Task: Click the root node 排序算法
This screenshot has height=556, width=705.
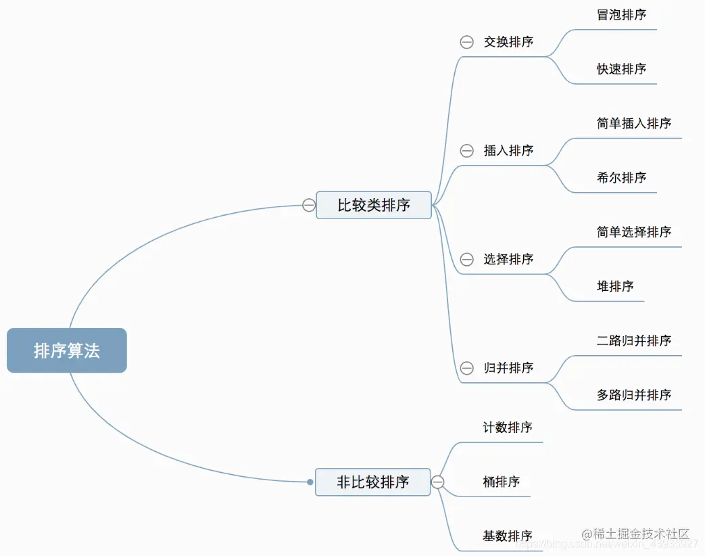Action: click(x=67, y=350)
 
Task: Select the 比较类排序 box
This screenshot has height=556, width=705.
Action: click(x=374, y=205)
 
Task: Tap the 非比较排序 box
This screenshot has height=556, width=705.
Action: click(x=373, y=482)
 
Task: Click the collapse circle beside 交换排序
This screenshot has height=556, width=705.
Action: click(x=466, y=42)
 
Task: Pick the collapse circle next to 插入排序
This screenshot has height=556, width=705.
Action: click(x=466, y=151)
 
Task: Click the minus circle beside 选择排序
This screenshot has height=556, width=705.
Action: click(x=466, y=259)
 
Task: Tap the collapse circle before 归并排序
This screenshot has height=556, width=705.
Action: click(x=466, y=368)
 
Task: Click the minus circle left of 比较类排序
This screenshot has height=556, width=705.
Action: click(x=309, y=205)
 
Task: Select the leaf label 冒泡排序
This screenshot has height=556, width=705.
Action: click(x=621, y=15)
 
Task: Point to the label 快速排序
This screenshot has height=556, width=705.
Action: click(x=621, y=69)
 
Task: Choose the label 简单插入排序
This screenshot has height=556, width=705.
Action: click(x=633, y=123)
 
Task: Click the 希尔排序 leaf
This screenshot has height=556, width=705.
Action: click(x=621, y=178)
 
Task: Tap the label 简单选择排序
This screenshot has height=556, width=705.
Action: click(x=633, y=232)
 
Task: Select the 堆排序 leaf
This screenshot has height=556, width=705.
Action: click(x=615, y=286)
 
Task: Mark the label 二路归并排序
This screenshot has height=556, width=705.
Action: click(x=633, y=341)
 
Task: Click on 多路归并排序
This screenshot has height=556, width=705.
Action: click(x=633, y=395)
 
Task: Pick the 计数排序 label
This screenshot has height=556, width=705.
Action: click(x=507, y=427)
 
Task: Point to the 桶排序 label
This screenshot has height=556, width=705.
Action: click(x=501, y=482)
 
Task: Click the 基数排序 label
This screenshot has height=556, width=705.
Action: click(x=507, y=536)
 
